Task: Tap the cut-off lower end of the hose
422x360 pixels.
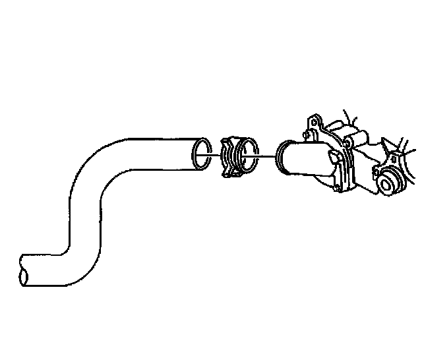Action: point(24,270)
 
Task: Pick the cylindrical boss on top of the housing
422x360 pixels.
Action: point(359,138)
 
